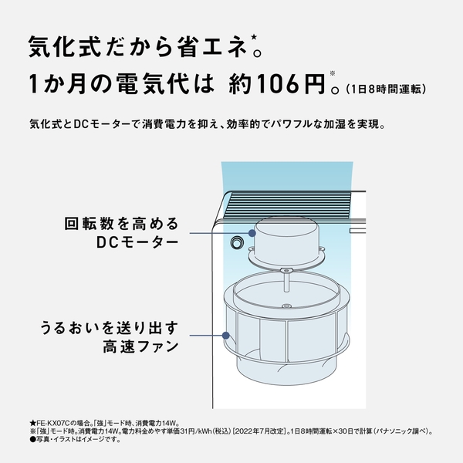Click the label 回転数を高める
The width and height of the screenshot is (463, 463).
point(121,224)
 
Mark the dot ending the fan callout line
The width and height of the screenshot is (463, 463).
point(226,336)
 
